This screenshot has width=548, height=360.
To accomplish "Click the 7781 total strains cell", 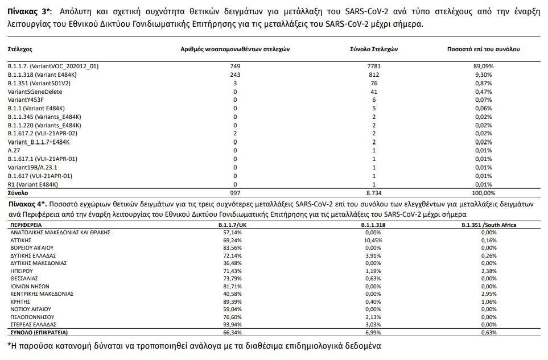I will (x=374, y=67).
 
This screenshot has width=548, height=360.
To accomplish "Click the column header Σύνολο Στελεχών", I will (x=373, y=49).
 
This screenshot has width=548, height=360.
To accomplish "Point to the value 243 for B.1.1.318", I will (x=235, y=75).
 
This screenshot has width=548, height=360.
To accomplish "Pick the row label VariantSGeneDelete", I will (x=35, y=92).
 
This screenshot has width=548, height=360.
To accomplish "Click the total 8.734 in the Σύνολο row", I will (x=374, y=193).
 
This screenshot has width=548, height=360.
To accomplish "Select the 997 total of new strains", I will (x=235, y=193).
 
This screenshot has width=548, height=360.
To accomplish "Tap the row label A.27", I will (x=14, y=151).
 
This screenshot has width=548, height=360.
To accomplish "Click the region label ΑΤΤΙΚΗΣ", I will (x=21, y=241).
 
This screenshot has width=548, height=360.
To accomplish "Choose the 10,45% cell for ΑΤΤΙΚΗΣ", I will (x=372, y=241).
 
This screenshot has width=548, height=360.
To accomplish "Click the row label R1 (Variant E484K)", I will (x=33, y=184).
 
